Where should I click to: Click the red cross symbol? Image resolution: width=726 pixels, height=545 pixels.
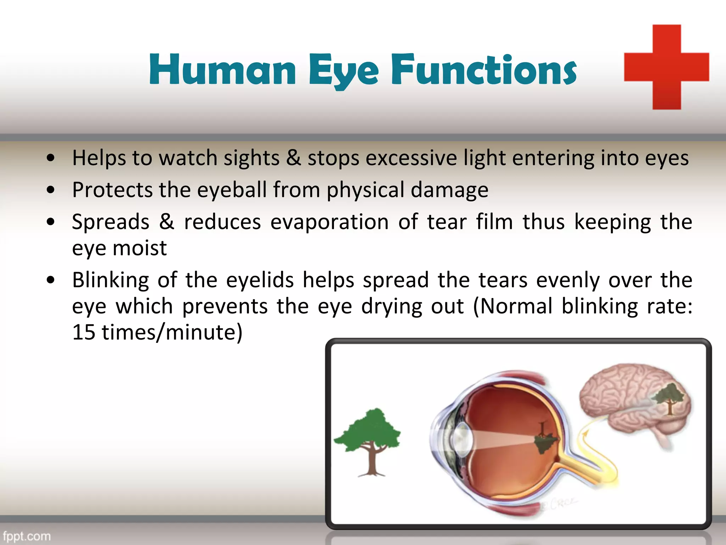click(x=666, y=67)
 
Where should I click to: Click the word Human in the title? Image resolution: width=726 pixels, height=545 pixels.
click(x=222, y=70)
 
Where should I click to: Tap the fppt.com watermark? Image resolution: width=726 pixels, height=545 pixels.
click(x=27, y=536)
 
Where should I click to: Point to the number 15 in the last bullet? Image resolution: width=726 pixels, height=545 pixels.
click(x=84, y=332)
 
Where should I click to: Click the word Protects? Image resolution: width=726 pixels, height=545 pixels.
click(x=112, y=190)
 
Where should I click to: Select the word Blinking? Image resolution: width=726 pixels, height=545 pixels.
click(x=111, y=280)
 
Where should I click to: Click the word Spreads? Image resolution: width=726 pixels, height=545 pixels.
click(x=111, y=222)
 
